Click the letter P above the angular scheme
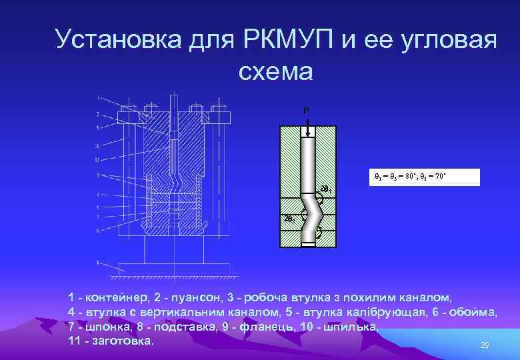307,110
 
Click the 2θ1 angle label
325,189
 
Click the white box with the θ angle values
424,176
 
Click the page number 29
485,345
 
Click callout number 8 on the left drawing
98,263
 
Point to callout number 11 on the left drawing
97,160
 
